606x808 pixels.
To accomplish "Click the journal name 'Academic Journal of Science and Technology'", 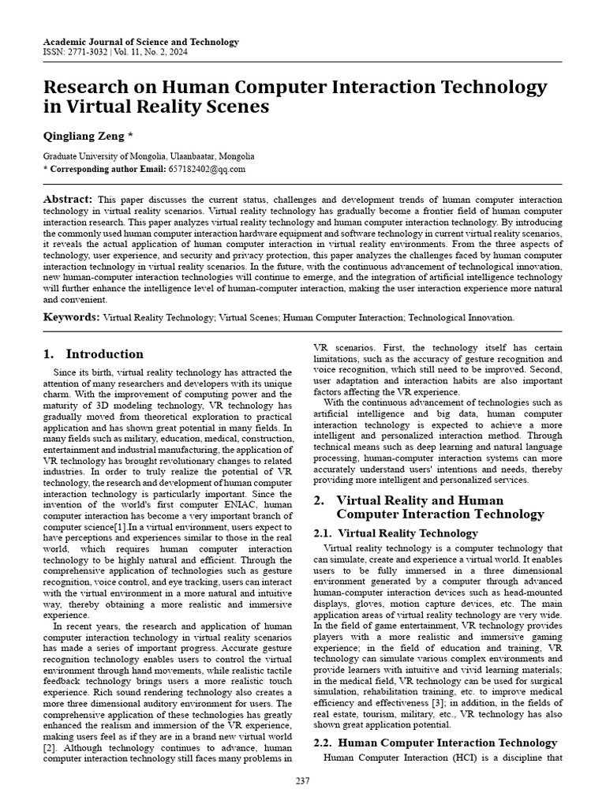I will pyautogui.click(x=140, y=42).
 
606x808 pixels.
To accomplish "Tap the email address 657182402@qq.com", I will pyautogui.click(x=207, y=169).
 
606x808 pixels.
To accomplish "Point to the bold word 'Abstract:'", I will pyautogui.click(x=68, y=200).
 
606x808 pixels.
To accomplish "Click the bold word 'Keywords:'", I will pyautogui.click(x=71, y=317).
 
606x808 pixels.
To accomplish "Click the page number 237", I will pyautogui.click(x=303, y=781).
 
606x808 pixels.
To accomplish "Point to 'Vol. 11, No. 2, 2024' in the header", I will pyautogui.click(x=157, y=53).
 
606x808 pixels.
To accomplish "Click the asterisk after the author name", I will pyautogui.click(x=130, y=135).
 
